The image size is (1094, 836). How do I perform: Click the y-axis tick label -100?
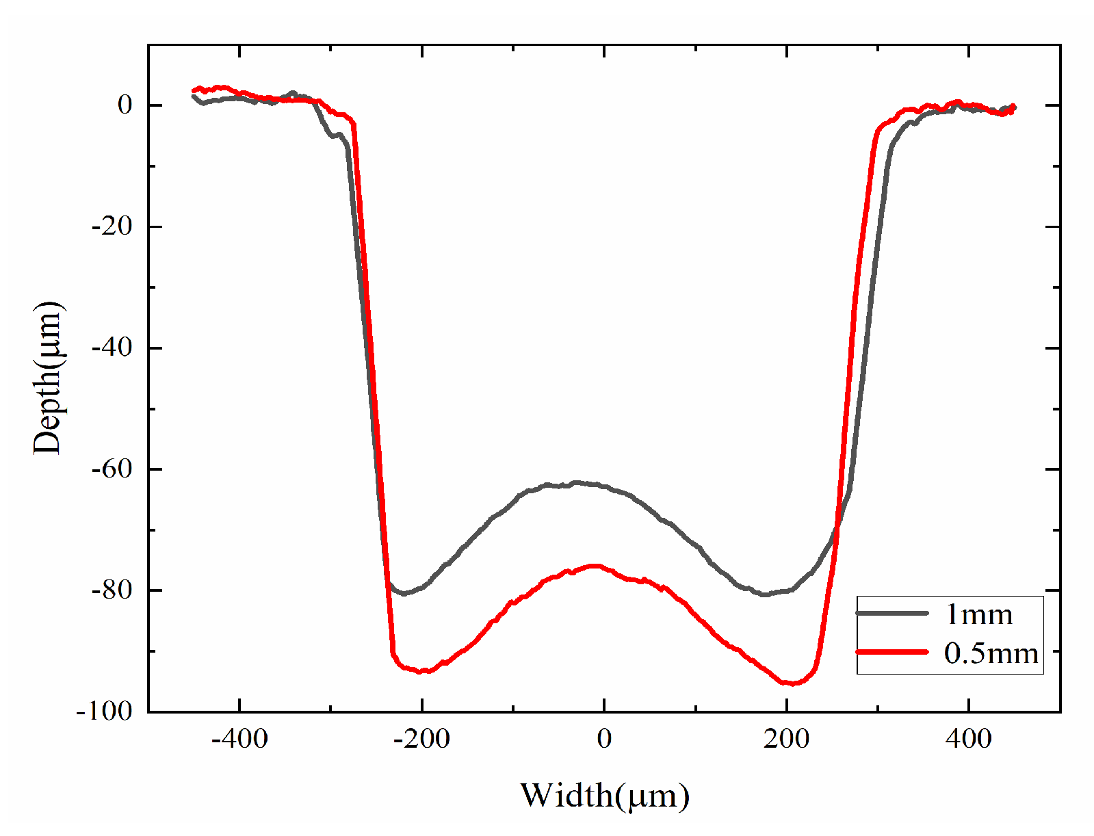[104, 711]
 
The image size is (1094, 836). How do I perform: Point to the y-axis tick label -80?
[112, 590]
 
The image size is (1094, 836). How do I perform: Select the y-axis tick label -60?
[112, 469]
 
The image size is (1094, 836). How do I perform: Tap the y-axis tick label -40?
[112, 348]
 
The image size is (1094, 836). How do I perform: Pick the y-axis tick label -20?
[112, 226]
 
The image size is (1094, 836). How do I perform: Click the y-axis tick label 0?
[125, 105]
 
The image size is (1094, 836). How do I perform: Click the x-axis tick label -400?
[239, 739]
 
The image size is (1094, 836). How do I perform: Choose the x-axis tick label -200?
[421, 739]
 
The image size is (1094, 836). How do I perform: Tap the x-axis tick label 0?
[604, 739]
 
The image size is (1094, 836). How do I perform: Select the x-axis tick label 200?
[787, 739]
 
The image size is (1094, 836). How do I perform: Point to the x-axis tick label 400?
[969, 739]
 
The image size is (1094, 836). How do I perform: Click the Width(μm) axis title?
[605, 796]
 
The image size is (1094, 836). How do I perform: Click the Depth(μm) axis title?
[48, 378]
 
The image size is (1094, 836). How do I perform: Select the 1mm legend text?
[978, 615]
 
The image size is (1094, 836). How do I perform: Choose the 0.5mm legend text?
[991, 653]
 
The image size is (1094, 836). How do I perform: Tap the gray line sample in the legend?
[892, 614]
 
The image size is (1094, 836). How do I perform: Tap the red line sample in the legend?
[892, 652]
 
